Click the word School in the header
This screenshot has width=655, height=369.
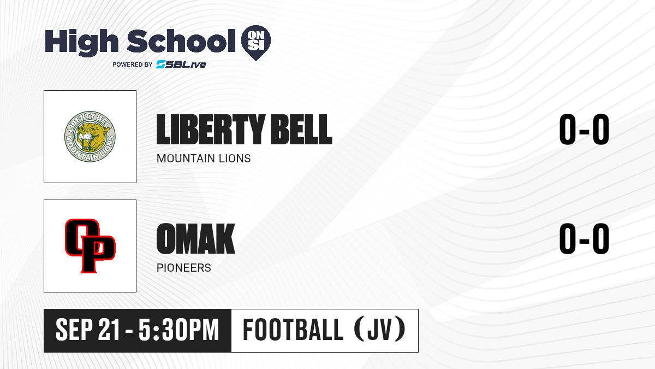pos(181,40)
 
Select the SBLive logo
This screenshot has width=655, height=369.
pos(181,64)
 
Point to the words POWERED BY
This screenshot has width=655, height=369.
pos(133,65)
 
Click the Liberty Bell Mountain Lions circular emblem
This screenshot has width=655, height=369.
pos(90,137)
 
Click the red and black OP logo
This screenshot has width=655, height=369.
pos(90,245)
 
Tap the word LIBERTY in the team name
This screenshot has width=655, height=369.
pos(211,129)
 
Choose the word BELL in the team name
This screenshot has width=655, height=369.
pos(301,129)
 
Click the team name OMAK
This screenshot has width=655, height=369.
pos(195,238)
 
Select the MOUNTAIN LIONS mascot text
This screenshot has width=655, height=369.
pos(204,159)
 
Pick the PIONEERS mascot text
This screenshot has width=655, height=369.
pos(183,268)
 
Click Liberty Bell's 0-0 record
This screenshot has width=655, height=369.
pos(584,129)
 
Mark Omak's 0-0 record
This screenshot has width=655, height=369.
pos(584,238)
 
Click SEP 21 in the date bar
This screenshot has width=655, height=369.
pos(88,330)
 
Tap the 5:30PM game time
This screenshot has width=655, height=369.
pos(178,330)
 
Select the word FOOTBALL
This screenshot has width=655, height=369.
pos(293,330)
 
